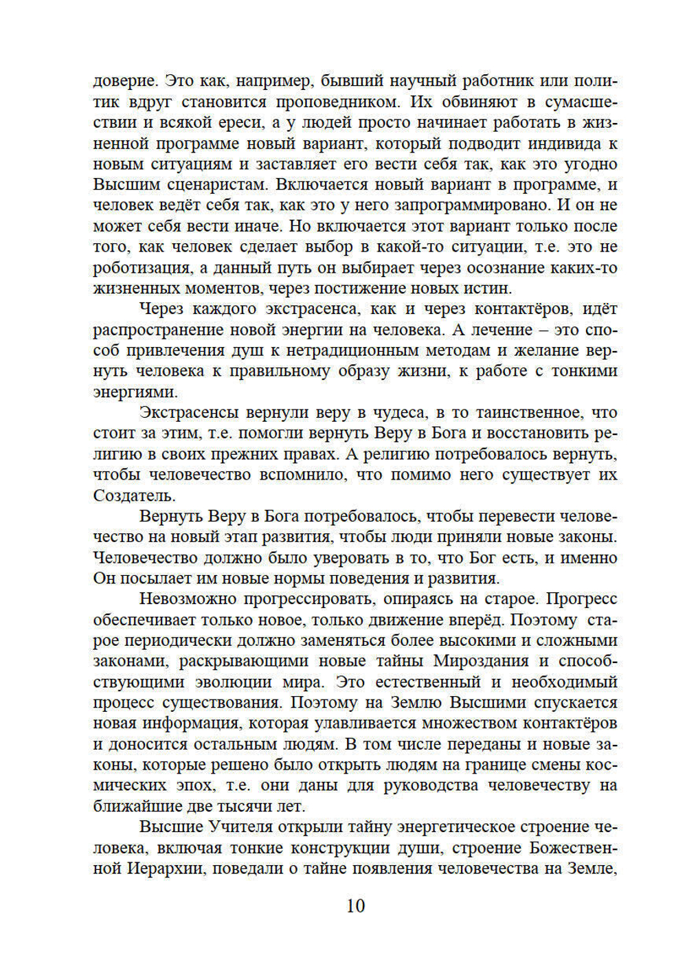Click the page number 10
[356, 906]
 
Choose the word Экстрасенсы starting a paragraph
[189, 412]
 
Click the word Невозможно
[187, 599]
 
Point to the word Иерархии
[165, 868]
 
